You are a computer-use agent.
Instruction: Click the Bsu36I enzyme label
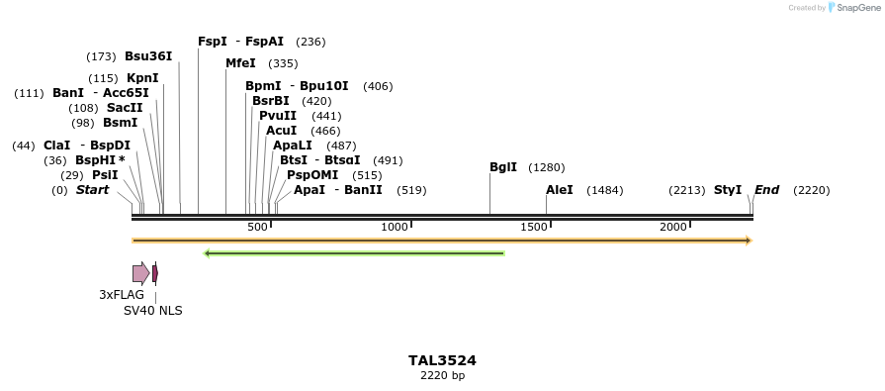tap(148, 56)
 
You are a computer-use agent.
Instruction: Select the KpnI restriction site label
tap(142, 78)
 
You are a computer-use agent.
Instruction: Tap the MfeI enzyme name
tap(240, 63)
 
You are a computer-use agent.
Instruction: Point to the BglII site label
tap(503, 167)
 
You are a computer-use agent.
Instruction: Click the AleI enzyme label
tap(560, 190)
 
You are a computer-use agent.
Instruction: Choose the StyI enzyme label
tap(728, 190)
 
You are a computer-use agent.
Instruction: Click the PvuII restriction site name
tap(278, 116)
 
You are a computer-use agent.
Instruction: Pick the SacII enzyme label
tap(125, 108)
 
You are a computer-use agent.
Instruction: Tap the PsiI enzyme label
tap(105, 175)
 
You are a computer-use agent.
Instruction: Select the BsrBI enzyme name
tap(271, 101)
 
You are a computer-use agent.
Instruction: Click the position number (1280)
tap(547, 167)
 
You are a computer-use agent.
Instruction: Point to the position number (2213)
tap(687, 190)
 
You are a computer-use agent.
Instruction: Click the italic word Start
tap(92, 190)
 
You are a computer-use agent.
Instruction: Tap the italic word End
tap(767, 190)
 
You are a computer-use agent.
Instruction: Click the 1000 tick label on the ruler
tap(395, 227)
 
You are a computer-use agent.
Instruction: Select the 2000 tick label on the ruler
tap(673, 227)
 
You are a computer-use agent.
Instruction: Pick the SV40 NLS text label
tap(152, 310)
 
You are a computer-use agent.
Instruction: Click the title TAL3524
tap(442, 360)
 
